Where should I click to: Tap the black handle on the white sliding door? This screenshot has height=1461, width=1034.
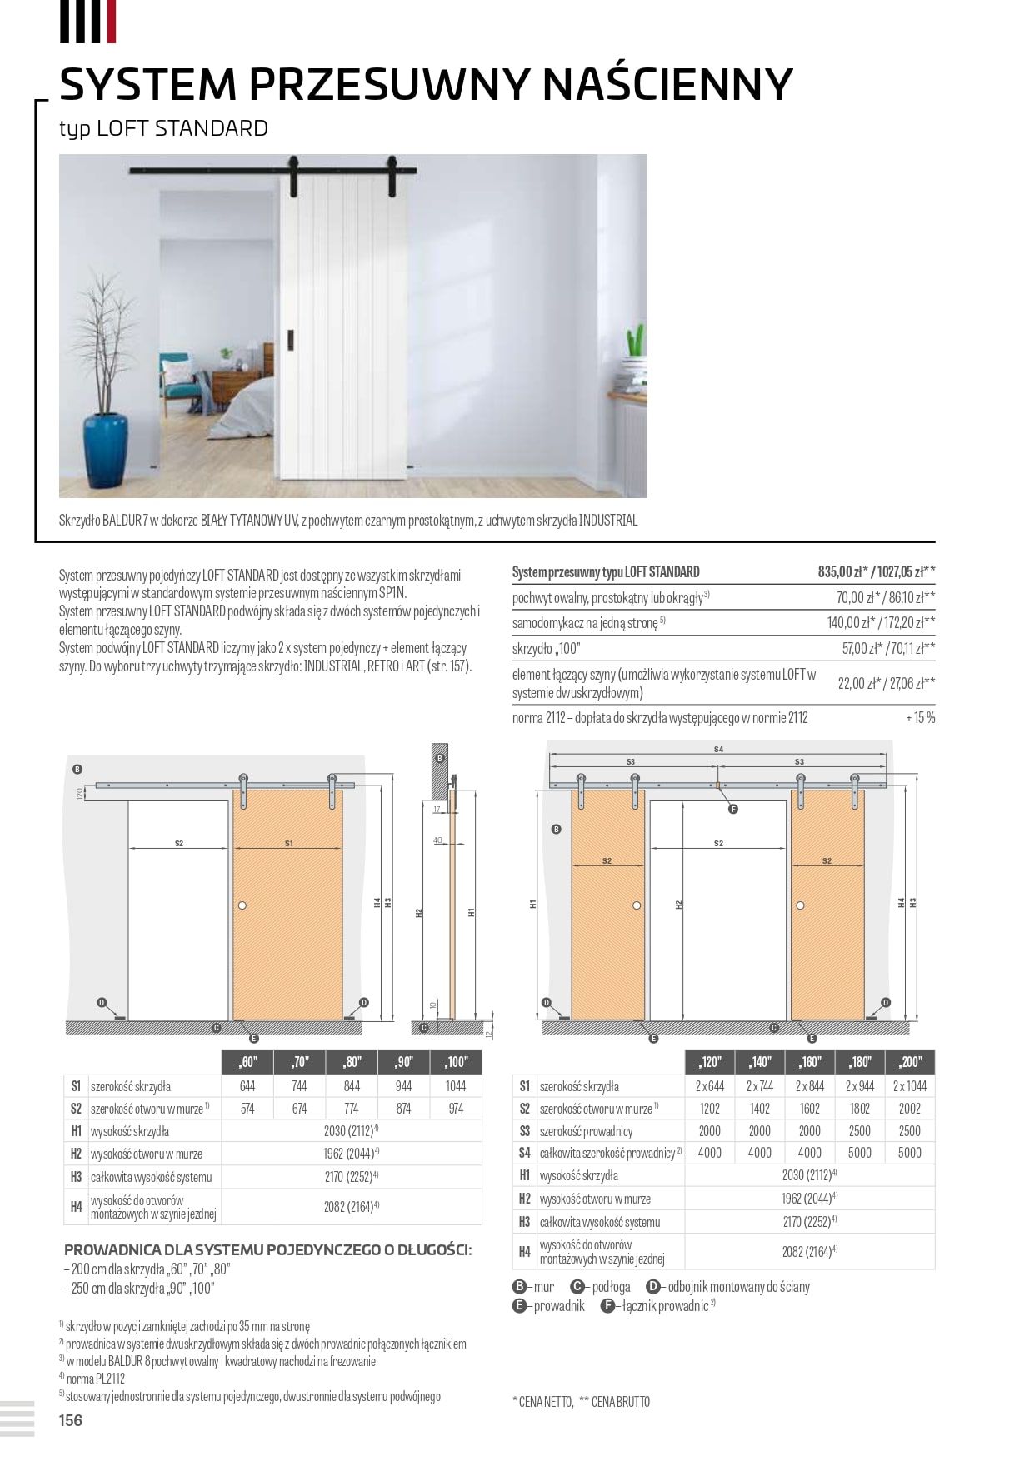point(291,341)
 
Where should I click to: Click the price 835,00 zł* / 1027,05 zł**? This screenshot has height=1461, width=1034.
point(876,572)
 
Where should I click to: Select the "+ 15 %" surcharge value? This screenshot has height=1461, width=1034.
point(920,718)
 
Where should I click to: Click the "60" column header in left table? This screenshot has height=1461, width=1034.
point(247,1062)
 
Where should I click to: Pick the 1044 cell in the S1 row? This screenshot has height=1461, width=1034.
point(456,1086)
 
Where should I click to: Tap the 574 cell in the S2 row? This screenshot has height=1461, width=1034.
point(247,1109)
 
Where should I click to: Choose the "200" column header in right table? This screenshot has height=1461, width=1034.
point(910,1062)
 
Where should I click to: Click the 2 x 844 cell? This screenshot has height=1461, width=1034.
point(809,1086)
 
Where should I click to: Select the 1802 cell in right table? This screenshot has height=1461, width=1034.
point(860,1109)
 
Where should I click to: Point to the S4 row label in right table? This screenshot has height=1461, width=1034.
point(524,1153)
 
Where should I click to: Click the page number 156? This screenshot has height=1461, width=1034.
point(71,1420)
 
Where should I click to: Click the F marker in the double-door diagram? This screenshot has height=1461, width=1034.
point(733,809)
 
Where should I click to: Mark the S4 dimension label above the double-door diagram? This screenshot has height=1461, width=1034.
point(718,750)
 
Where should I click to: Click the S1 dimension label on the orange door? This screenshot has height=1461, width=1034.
point(289,844)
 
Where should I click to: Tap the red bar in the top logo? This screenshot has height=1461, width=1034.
point(112,22)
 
